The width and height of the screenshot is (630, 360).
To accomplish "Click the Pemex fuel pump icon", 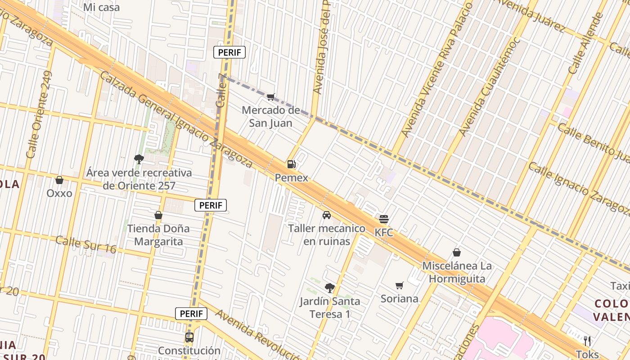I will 291,164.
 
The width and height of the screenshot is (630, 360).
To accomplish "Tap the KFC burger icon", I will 384,219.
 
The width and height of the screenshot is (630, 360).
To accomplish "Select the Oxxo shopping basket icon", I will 59,180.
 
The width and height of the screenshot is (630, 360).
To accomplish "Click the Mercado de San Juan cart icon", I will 270,97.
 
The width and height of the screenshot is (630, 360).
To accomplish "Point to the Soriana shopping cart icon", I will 399,285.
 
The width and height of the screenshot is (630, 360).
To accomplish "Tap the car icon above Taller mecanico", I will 327,215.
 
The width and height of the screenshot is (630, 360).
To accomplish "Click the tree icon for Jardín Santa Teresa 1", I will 330,288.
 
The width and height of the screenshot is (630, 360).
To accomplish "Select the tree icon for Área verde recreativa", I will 139,159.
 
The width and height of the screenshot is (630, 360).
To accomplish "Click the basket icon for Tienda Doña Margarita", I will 158,215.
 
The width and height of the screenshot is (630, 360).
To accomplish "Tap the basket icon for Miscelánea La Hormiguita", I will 457,252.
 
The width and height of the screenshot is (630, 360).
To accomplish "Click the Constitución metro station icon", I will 189,337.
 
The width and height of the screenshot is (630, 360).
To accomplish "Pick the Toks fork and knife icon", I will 587,341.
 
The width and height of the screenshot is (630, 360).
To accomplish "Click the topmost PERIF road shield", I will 229,52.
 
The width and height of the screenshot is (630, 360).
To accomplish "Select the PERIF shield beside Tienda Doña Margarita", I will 211,205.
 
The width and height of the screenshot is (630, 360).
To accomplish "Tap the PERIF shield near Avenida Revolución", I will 191,314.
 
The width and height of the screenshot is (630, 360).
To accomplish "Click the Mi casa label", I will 102,7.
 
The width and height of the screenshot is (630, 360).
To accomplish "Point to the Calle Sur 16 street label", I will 86,244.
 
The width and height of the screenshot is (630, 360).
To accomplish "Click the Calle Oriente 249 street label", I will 39,114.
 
